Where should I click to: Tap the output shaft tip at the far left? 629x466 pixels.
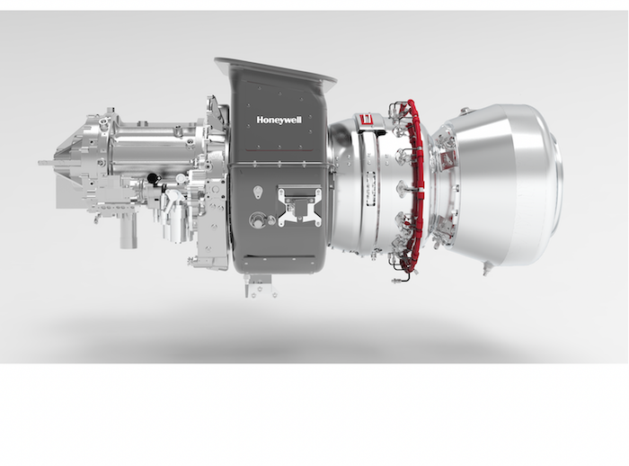point(43,163)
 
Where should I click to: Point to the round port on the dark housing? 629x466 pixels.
point(260,218)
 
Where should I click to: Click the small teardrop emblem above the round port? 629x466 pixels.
point(259,192)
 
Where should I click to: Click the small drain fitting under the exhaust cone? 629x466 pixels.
point(486,267)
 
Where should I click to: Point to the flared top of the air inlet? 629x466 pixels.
point(274,71)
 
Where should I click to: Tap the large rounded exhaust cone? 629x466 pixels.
point(512,184)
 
